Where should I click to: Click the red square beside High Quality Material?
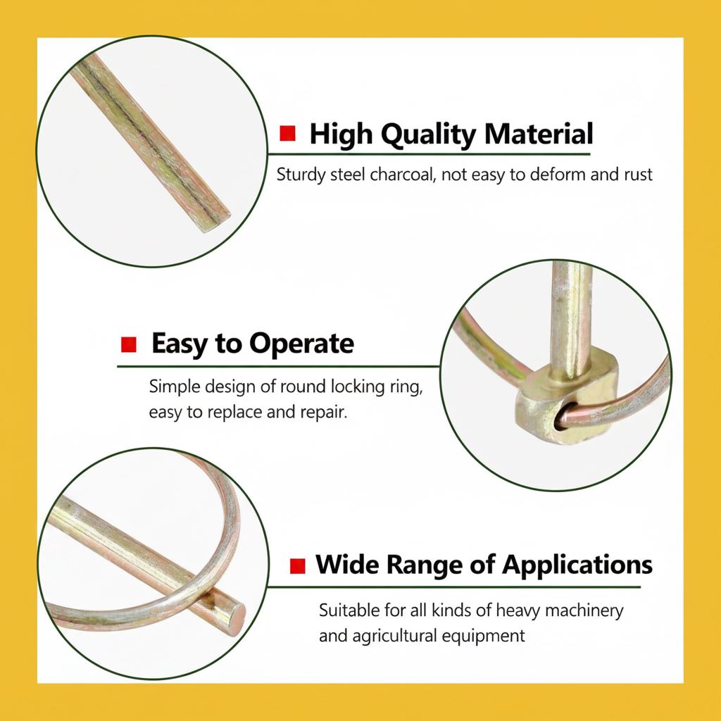pos(287,133)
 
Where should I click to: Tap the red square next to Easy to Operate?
pos(129,344)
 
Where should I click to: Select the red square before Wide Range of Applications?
pos(298,566)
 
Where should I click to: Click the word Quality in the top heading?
pos(429,134)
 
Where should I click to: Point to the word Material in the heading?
pos(539,134)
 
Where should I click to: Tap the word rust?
pos(638,175)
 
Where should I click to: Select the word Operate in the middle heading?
pos(301,344)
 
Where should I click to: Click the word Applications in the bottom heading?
pos(577,565)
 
